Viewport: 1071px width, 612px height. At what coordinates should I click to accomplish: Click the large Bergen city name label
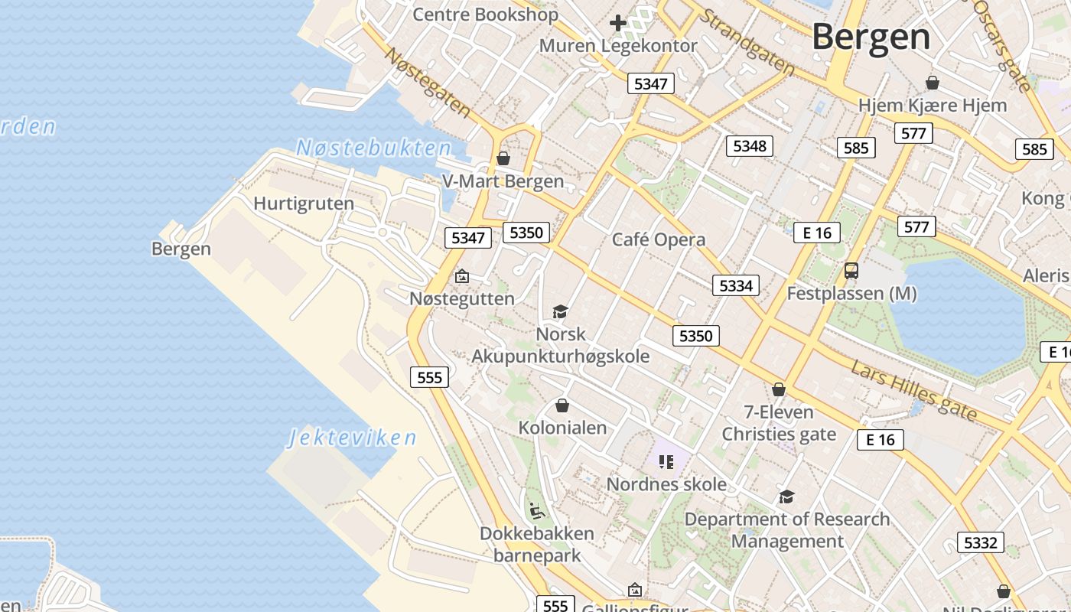point(871,36)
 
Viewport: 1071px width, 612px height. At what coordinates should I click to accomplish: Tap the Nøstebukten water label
point(373,148)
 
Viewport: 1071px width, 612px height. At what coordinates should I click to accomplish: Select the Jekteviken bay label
point(353,438)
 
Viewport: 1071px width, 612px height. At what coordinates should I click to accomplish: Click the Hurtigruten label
point(304,203)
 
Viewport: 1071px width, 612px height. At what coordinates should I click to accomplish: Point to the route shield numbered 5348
point(749,145)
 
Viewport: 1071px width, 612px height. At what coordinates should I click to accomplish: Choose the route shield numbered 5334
point(736,285)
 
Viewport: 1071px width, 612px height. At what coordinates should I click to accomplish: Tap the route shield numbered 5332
point(980,542)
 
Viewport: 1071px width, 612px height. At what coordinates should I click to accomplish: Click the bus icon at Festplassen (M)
point(851,270)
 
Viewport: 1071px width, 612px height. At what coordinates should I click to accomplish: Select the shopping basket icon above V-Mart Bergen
point(503,158)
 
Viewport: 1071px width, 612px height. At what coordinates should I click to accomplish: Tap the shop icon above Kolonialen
point(562,405)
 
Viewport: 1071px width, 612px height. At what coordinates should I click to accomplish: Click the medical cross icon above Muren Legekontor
point(617,23)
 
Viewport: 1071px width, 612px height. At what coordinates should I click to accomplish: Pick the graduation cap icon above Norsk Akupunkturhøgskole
point(560,311)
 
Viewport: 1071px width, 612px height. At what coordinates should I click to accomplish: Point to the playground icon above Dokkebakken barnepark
point(537,509)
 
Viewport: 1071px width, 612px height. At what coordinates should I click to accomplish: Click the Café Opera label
point(659,239)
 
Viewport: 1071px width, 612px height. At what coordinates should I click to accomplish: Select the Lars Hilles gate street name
point(913,390)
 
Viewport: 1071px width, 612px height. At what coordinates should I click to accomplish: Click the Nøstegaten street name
point(427,82)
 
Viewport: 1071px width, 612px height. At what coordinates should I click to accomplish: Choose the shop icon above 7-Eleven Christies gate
point(779,389)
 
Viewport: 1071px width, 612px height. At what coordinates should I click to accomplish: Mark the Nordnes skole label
point(666,484)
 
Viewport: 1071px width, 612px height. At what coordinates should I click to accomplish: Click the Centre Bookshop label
point(486,14)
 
